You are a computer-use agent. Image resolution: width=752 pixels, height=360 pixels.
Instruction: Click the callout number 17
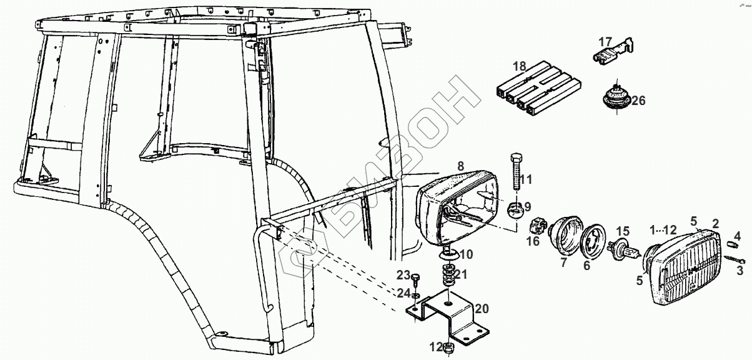click(606, 42)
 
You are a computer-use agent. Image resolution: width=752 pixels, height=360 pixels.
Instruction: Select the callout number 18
click(520, 66)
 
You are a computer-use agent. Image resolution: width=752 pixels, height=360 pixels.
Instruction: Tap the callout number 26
click(638, 100)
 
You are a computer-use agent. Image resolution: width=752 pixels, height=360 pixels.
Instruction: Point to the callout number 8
click(460, 166)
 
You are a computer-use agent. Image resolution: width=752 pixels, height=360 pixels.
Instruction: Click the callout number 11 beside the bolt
click(526, 180)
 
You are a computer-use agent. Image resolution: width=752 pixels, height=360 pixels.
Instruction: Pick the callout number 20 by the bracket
click(482, 309)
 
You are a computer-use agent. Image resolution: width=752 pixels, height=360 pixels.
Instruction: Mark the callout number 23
click(402, 275)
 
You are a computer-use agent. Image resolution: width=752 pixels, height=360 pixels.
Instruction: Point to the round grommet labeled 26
click(616, 99)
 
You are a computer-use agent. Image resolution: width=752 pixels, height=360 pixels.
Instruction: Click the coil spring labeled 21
click(448, 275)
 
